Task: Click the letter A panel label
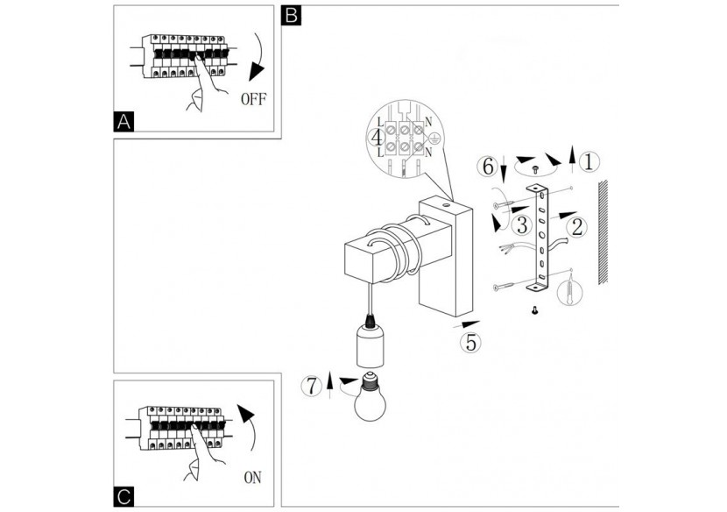pyautogui.click(x=125, y=122)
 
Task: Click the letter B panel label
pyautogui.click(x=293, y=15)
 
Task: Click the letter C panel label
pyautogui.click(x=125, y=497)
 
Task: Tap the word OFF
pyautogui.click(x=254, y=100)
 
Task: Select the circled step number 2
pyautogui.click(x=576, y=228)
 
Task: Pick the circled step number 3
pyautogui.click(x=522, y=224)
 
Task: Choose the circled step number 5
pyautogui.click(x=470, y=342)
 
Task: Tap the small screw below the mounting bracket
pyautogui.click(x=534, y=309)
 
